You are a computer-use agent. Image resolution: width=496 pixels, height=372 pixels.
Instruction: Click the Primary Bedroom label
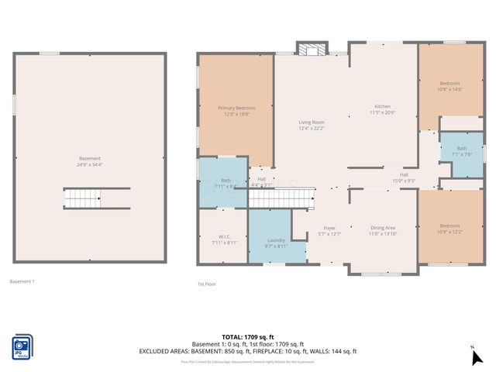236,111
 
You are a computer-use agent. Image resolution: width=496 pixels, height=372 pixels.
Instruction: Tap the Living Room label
312,125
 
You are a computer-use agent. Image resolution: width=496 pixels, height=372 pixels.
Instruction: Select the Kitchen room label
383,109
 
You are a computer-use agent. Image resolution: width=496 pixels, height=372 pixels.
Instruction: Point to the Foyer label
329,230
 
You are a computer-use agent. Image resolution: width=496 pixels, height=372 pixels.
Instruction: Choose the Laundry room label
277,243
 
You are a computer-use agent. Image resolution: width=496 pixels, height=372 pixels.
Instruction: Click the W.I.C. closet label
224,239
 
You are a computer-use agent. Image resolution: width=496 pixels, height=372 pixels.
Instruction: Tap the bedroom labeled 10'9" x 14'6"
450,86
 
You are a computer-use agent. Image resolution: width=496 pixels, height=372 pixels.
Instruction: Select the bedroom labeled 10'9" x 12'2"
450,228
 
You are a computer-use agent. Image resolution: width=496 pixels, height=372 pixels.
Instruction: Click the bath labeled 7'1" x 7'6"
462,150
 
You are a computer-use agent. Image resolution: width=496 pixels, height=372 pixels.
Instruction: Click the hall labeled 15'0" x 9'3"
404,177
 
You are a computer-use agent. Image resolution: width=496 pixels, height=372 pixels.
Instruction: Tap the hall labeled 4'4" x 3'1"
261,181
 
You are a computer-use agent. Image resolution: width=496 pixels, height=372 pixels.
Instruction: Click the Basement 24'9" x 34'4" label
90,161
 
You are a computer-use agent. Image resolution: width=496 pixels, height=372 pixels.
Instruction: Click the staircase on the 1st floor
281,198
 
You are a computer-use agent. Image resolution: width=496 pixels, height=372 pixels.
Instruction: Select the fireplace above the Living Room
313,50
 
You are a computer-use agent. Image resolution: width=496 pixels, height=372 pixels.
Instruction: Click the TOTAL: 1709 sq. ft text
248,337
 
